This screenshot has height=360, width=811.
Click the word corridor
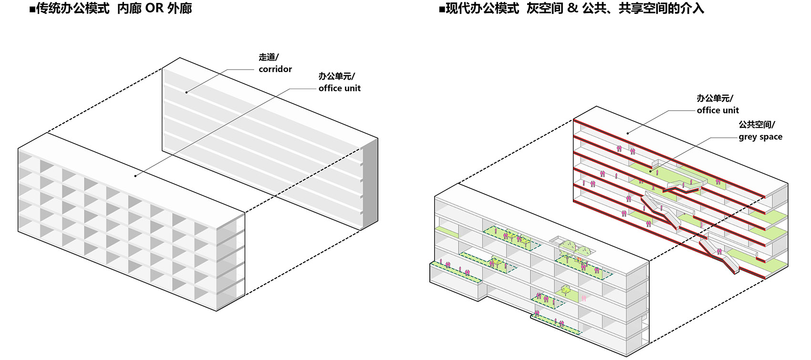[275, 69]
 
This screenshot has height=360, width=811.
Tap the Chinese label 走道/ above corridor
[269, 57]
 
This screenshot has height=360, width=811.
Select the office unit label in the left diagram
[339, 88]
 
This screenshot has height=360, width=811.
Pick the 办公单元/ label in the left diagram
[336, 76]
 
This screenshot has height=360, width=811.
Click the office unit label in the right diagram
[717, 110]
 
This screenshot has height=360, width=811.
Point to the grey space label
[760, 137]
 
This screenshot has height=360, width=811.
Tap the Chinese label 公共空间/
[757, 124]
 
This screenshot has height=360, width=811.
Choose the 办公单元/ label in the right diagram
[715, 98]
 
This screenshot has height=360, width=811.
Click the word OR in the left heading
[154, 8]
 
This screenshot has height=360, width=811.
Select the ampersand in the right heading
[573, 8]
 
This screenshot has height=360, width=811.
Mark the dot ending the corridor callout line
[187, 92]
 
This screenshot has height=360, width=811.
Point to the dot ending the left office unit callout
[135, 175]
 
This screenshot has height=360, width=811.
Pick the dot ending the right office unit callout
[628, 133]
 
